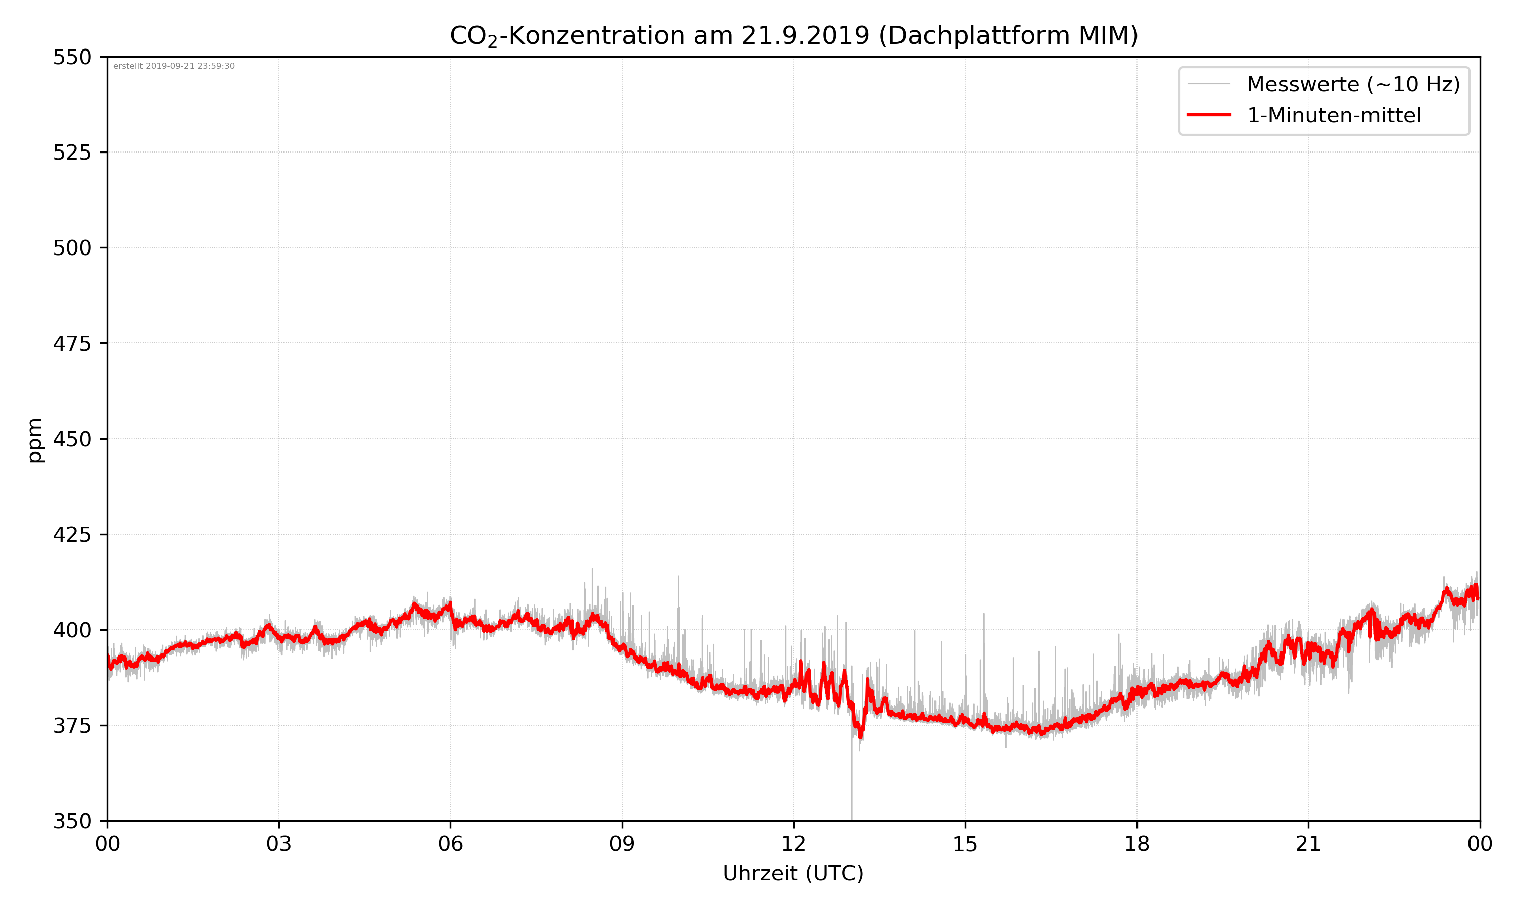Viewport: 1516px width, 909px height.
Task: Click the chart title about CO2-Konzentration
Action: (793, 35)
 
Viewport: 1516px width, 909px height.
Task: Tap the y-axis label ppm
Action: (35, 440)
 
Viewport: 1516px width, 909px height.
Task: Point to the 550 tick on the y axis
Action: (72, 57)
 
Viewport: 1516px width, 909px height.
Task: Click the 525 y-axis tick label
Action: (72, 153)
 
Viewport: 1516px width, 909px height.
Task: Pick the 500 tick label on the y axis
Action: (72, 248)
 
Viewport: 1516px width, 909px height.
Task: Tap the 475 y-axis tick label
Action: (72, 343)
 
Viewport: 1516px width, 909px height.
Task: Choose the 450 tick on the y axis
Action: (72, 439)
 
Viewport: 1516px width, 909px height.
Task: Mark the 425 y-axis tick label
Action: (72, 535)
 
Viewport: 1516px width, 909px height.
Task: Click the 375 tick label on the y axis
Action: (72, 726)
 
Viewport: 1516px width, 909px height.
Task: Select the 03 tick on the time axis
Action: (279, 844)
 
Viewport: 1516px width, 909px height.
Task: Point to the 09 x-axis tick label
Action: (622, 844)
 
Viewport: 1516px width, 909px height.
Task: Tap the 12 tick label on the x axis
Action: (793, 844)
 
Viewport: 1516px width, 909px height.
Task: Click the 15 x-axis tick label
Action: (965, 844)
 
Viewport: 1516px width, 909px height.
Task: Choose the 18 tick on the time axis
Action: (1136, 844)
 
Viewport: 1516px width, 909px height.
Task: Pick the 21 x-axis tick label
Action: (1308, 844)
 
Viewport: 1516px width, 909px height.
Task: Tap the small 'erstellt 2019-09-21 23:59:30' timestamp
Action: (174, 66)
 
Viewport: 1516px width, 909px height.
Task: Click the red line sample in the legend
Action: (1208, 115)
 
